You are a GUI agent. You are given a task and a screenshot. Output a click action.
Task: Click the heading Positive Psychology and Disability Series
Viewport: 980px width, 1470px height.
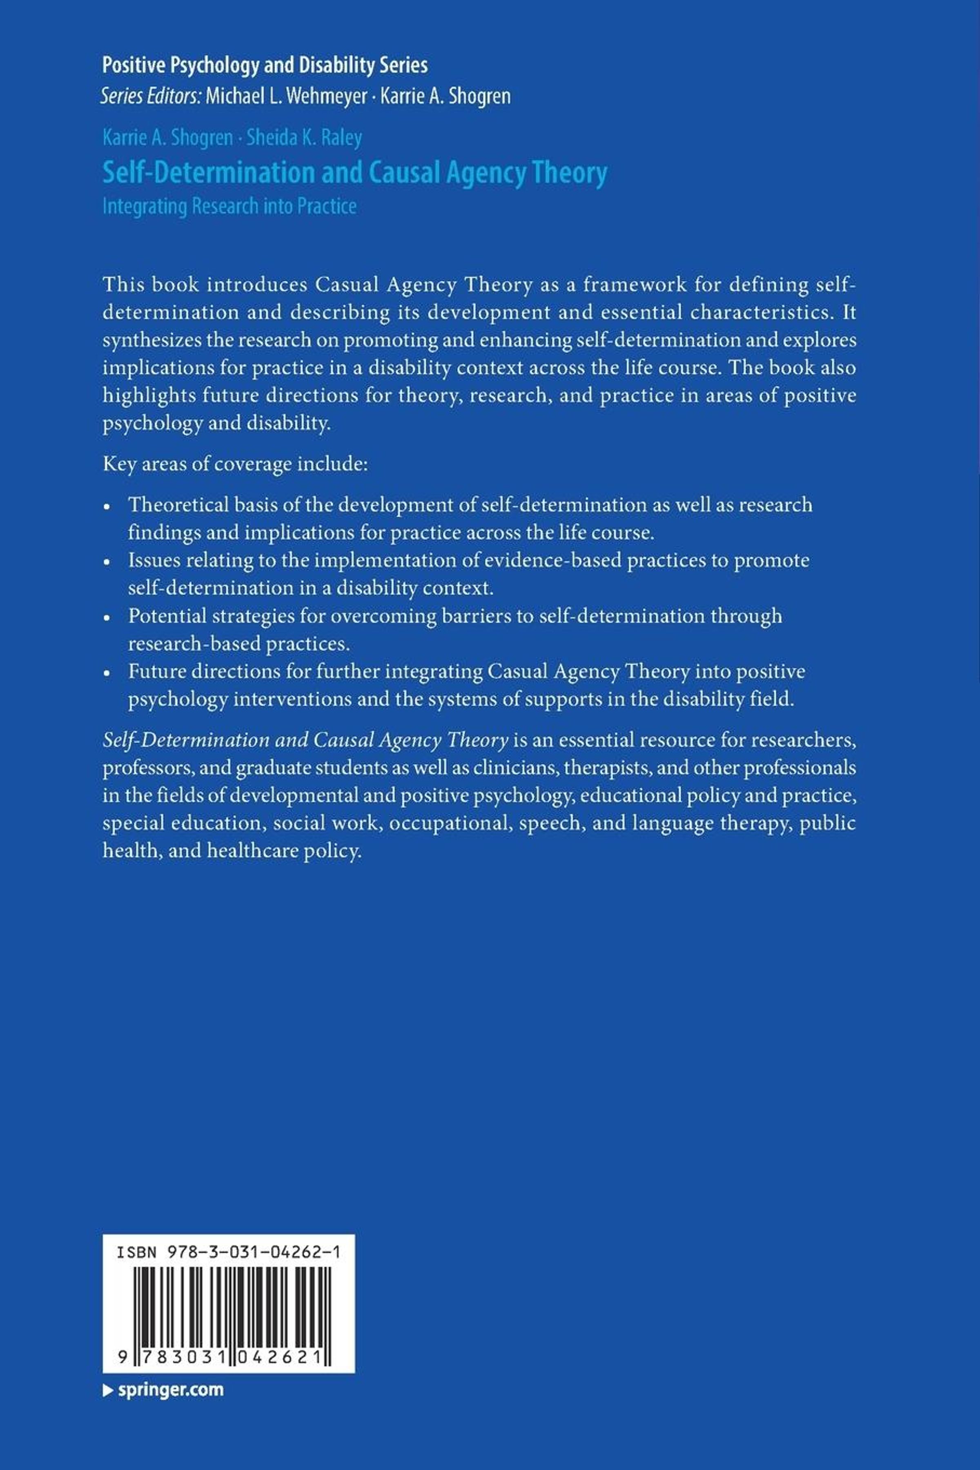pos(265,65)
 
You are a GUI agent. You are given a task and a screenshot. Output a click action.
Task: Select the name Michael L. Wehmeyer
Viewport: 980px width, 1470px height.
pos(286,96)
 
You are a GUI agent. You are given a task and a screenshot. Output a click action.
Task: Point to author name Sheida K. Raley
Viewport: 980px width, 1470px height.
pos(304,138)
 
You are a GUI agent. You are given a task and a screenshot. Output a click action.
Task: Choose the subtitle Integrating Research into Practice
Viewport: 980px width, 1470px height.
pos(229,206)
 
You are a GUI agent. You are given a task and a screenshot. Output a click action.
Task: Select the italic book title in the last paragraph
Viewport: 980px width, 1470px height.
pos(305,740)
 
